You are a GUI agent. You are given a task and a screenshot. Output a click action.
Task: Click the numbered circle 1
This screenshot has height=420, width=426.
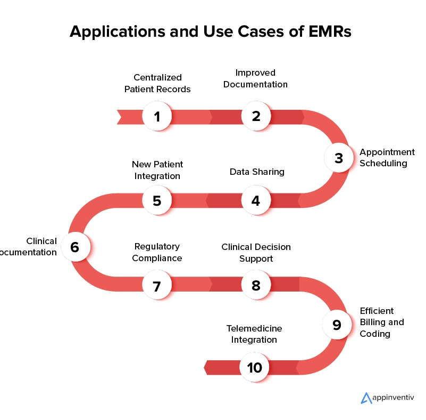click(157, 116)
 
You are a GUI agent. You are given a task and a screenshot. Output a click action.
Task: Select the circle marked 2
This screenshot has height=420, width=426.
click(256, 116)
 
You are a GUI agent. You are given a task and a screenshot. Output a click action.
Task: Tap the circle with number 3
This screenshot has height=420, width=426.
click(339, 158)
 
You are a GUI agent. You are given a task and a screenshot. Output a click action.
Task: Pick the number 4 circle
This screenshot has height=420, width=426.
click(256, 201)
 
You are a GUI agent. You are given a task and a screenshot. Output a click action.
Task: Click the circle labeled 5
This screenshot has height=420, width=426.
click(157, 201)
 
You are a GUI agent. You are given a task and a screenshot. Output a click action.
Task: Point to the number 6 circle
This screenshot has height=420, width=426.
click(74, 247)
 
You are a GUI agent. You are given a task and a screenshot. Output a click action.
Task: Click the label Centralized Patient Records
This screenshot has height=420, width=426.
click(157, 83)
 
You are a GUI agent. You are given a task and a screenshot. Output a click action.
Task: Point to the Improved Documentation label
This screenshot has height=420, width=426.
click(255, 78)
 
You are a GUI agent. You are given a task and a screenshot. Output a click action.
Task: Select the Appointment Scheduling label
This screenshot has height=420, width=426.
click(387, 158)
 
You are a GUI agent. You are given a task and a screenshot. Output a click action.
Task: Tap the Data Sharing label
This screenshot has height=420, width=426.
click(257, 172)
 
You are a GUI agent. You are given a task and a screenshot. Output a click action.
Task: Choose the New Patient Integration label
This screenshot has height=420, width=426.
click(157, 170)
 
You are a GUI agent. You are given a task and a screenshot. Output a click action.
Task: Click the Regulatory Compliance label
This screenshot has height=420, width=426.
click(157, 252)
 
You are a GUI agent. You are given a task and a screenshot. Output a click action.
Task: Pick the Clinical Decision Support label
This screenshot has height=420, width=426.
click(256, 253)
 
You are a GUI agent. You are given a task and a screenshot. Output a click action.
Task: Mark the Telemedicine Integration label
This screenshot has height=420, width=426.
click(254, 334)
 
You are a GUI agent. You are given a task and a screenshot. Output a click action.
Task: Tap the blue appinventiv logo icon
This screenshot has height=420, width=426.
click(365, 398)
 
